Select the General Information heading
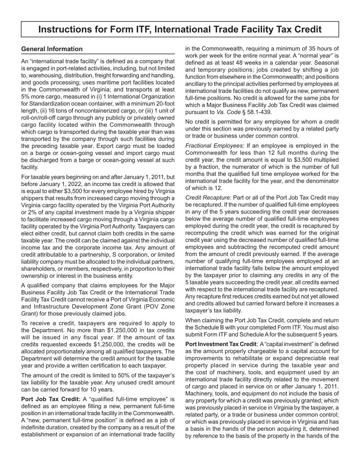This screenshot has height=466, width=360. point(52,49)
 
